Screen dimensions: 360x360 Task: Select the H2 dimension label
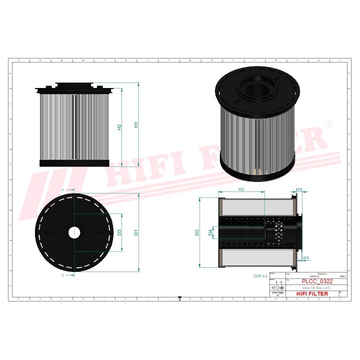pos(119,127)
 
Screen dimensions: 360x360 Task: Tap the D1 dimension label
pos(136,232)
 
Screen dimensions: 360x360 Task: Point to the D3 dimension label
pos(119,232)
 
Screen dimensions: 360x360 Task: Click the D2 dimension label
pos(197,232)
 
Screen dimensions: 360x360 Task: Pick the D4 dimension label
pos(210,232)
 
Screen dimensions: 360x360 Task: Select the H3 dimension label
pos(241,189)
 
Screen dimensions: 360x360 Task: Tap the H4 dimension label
pos(299,189)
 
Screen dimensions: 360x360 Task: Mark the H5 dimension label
pos(306,258)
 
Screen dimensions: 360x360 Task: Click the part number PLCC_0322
pos(316,282)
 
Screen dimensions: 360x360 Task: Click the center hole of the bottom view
pos(74,232)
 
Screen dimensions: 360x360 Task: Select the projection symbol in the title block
pos(275,288)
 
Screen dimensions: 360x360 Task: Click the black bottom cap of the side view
pos(74,163)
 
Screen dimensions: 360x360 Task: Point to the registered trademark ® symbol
pos(329,123)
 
